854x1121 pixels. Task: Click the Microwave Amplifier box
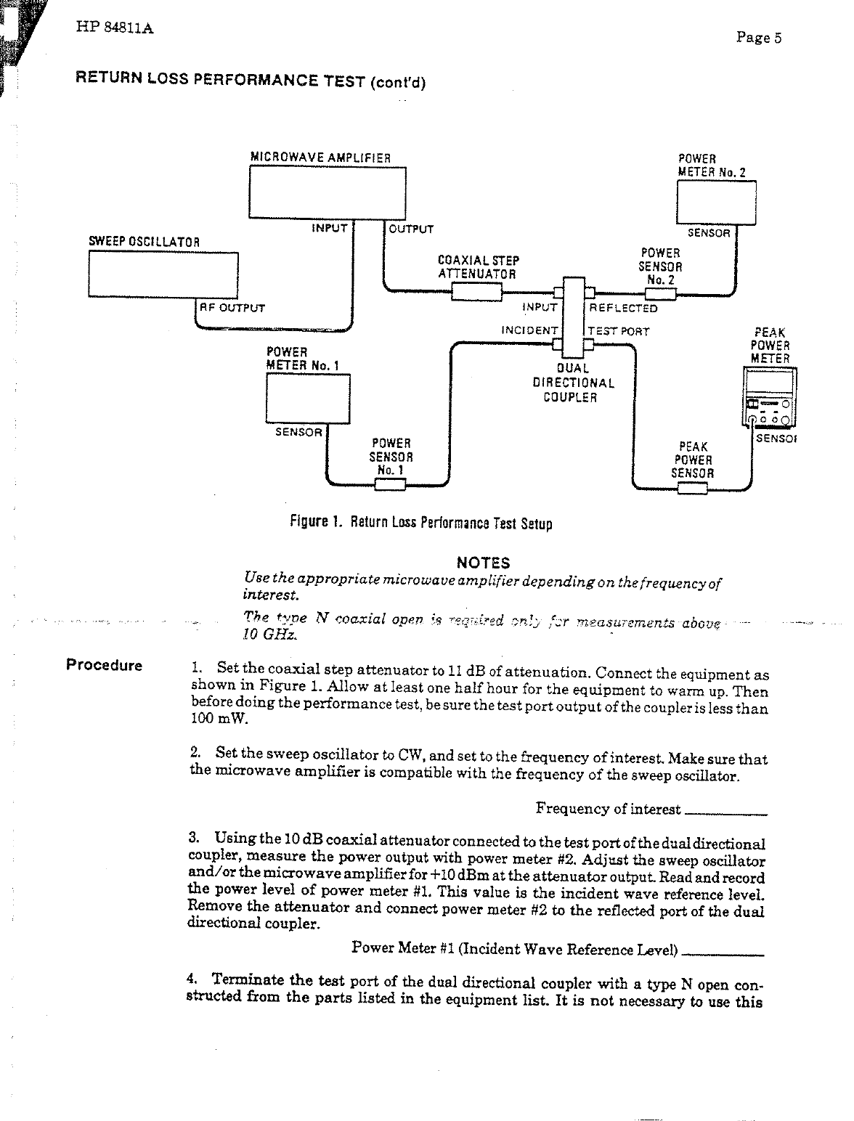click(327, 192)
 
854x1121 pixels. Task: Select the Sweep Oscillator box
click(163, 274)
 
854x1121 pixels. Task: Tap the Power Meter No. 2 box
click(716, 203)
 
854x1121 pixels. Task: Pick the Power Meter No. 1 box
click(309, 397)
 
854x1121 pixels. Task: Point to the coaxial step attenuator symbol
click(476, 292)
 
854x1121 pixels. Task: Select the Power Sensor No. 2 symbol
click(661, 294)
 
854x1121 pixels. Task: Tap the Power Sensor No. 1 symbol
click(389, 484)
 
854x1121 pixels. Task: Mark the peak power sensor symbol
click(691, 489)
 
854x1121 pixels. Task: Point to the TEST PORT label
click(618, 332)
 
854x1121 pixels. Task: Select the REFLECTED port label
click(623, 308)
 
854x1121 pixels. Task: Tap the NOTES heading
click(483, 563)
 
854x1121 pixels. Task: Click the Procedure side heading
click(104, 665)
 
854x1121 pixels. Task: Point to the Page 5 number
click(758, 38)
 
